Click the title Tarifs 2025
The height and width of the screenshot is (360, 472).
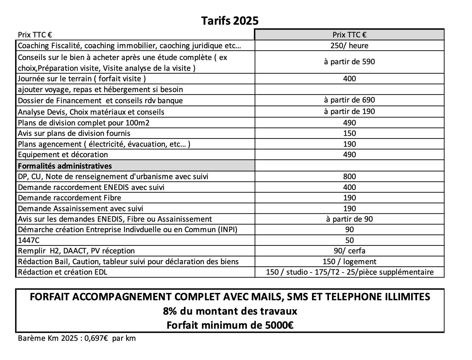(x=230, y=21)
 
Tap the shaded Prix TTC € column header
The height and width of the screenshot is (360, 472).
(x=349, y=35)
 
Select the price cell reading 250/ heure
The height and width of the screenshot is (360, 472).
(x=349, y=45)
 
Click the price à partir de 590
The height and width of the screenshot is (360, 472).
(x=349, y=62)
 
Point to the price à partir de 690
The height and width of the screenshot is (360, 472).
(x=349, y=100)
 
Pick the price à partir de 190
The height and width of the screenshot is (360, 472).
(x=349, y=111)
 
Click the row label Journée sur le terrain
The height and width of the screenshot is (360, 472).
(x=82, y=79)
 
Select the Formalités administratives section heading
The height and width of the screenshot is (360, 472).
(x=65, y=166)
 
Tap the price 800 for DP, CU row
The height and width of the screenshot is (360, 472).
(x=349, y=176)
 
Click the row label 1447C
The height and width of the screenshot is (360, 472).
(x=29, y=240)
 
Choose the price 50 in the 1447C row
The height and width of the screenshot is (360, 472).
(x=349, y=240)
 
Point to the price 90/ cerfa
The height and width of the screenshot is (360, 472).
(x=349, y=251)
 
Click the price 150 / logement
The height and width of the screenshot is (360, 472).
(x=349, y=261)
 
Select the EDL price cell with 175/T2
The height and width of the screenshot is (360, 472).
(x=349, y=272)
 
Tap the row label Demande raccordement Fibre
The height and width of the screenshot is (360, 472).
(x=69, y=198)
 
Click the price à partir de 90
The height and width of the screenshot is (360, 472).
(x=349, y=219)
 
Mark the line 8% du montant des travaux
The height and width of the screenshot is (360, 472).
(x=230, y=311)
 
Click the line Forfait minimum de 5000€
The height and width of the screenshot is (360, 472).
(x=230, y=325)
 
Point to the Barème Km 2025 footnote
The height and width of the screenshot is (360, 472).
(x=77, y=338)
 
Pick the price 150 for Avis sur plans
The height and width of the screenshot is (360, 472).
(x=349, y=133)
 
